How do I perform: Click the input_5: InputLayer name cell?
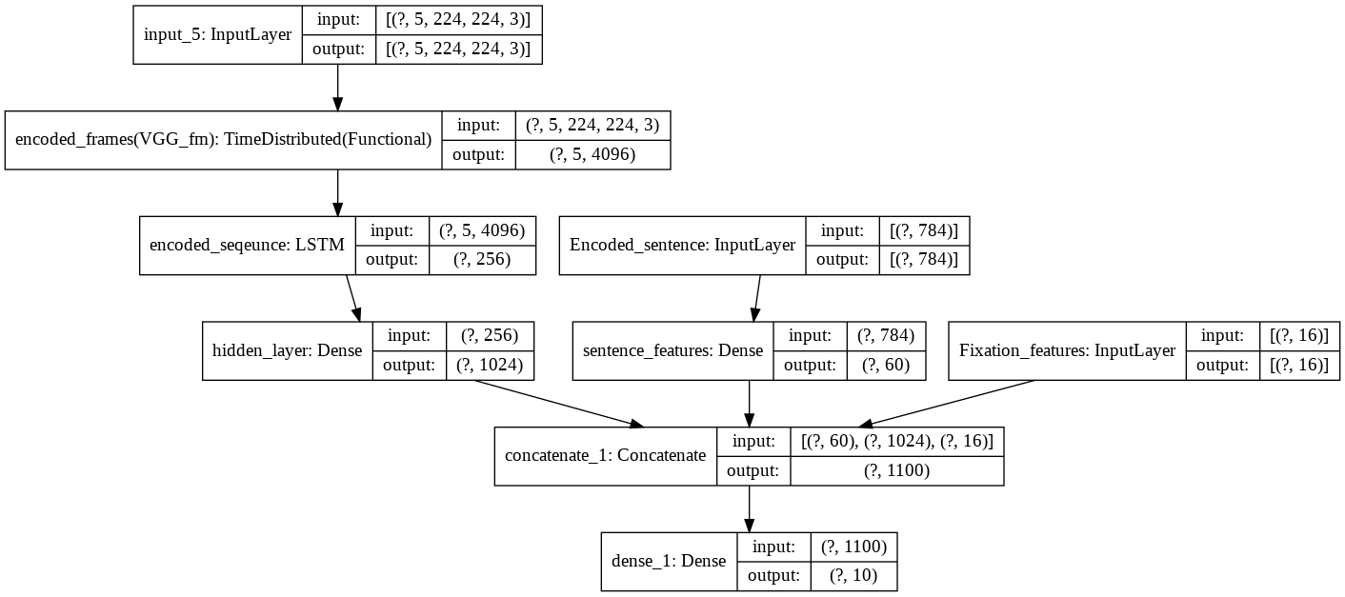pyautogui.click(x=217, y=36)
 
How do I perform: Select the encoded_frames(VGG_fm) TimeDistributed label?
pyautogui.click(x=223, y=140)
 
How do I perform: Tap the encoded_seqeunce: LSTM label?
pyautogui.click(x=247, y=246)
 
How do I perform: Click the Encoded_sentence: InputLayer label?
pyautogui.click(x=682, y=246)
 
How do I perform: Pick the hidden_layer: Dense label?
pyautogui.click(x=287, y=350)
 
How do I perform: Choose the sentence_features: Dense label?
pyautogui.click(x=672, y=350)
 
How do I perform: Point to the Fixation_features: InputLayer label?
pyautogui.click(x=1067, y=350)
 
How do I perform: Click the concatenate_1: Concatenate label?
pyautogui.click(x=605, y=456)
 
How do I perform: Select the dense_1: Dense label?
pyautogui.click(x=668, y=562)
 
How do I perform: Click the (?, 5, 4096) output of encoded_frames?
pyautogui.click(x=592, y=154)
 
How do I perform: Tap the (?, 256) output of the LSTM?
pyautogui.click(x=482, y=260)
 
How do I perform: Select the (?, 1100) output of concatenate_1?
pyautogui.click(x=896, y=470)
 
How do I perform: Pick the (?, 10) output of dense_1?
pyautogui.click(x=853, y=576)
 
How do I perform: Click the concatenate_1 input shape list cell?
pyautogui.click(x=896, y=442)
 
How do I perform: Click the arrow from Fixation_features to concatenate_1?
pyautogui.click(x=948, y=404)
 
